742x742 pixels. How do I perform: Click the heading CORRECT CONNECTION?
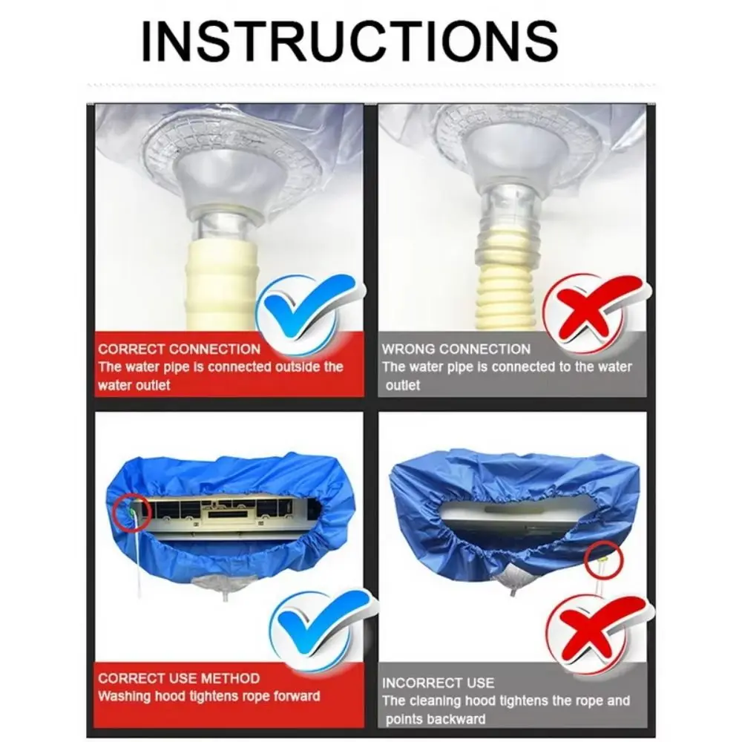[180, 349]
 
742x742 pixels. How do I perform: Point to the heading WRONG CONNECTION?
[456, 349]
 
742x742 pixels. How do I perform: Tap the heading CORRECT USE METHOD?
[179, 678]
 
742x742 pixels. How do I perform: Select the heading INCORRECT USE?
[438, 683]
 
